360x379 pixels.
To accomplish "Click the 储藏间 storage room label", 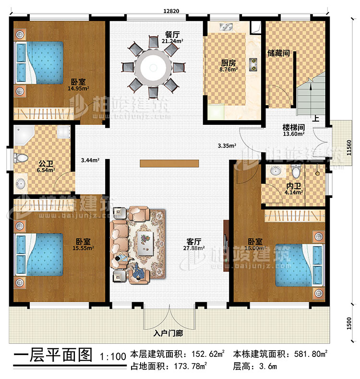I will [279, 53].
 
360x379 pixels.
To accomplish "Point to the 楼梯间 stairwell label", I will [292, 127].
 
